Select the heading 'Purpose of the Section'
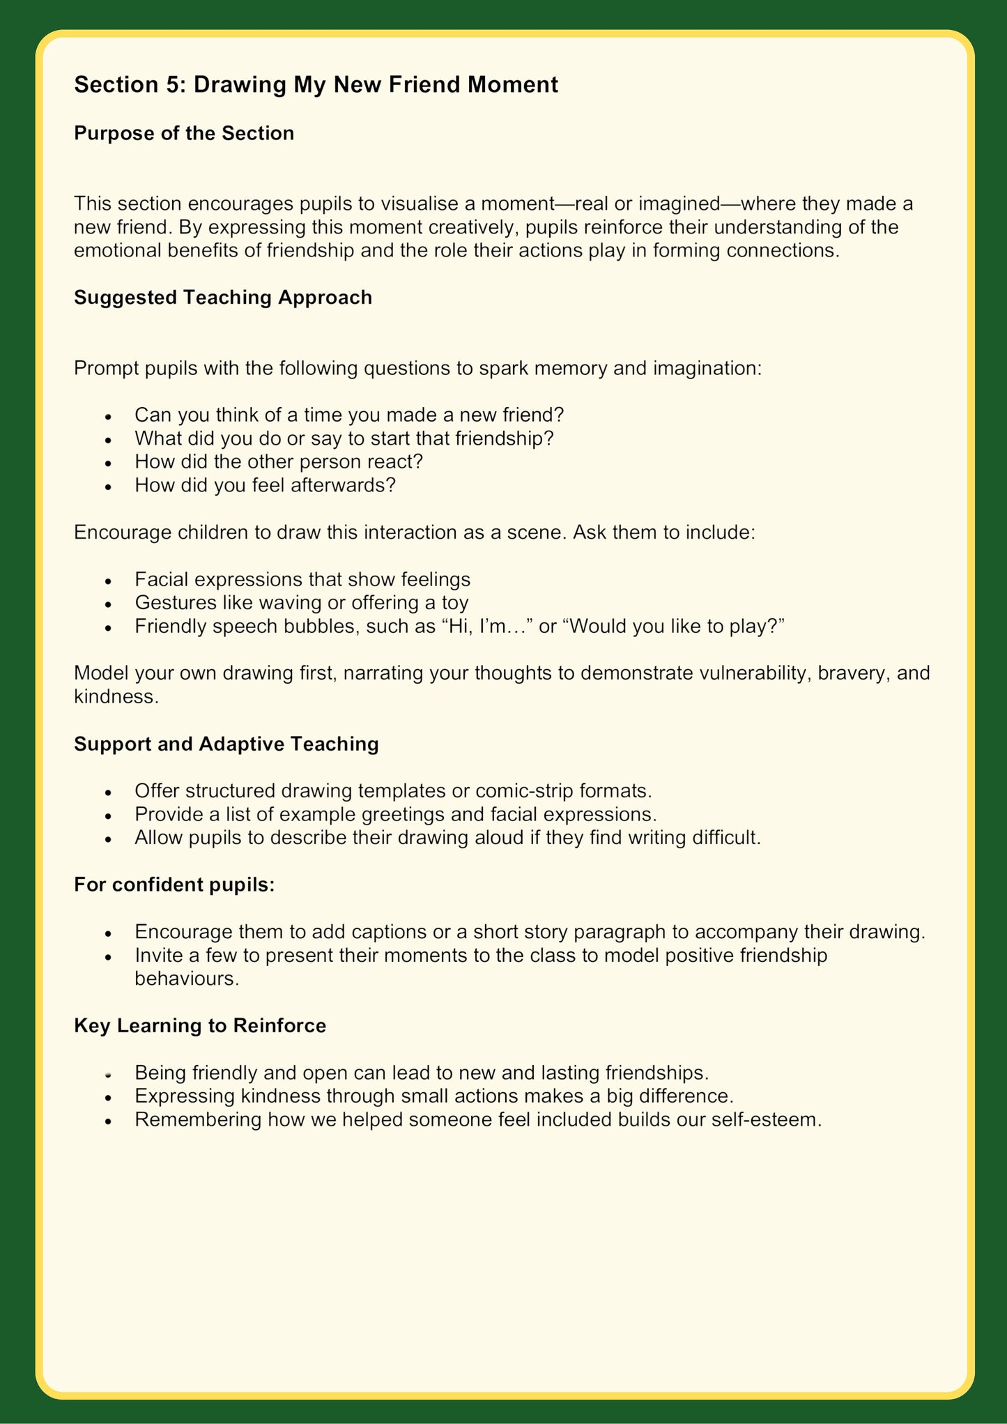pos(184,133)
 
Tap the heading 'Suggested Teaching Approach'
pos(223,298)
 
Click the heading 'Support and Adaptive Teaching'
pos(226,744)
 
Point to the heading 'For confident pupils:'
pos(174,885)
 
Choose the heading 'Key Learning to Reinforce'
pos(200,1026)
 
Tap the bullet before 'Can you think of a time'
pos(108,416)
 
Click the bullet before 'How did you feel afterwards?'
pos(108,487)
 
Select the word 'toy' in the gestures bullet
pos(455,602)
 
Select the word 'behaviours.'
pos(187,979)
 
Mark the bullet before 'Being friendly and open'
pos(108,1074)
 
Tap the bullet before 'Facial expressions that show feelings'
pos(108,581)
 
